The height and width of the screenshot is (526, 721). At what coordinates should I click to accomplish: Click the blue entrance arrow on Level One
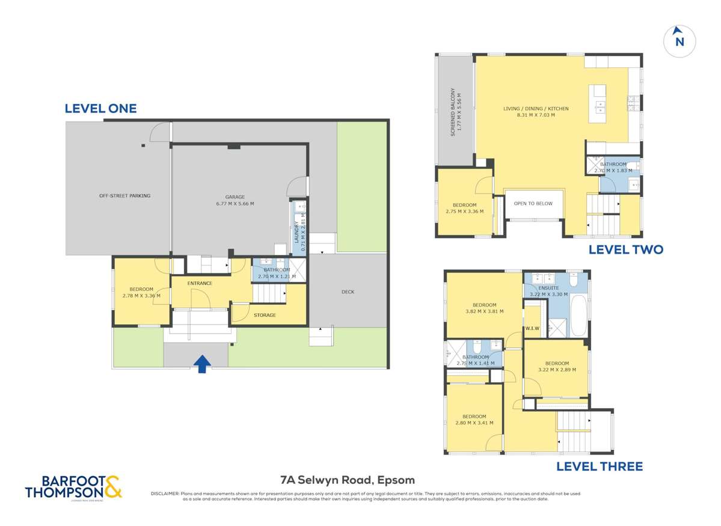pyautogui.click(x=203, y=364)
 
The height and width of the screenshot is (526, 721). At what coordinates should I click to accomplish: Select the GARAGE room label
pyautogui.click(x=235, y=197)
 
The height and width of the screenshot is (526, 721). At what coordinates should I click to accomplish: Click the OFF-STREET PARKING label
pyautogui.click(x=124, y=195)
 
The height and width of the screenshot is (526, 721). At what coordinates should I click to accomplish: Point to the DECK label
pyautogui.click(x=348, y=292)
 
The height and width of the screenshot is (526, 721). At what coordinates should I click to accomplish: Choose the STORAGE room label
pyautogui.click(x=265, y=315)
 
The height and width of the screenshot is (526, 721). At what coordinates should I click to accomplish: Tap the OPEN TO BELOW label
pyautogui.click(x=533, y=204)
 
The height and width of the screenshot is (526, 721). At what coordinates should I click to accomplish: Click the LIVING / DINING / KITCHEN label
pyautogui.click(x=536, y=109)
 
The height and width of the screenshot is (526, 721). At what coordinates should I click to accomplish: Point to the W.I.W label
pyautogui.click(x=532, y=328)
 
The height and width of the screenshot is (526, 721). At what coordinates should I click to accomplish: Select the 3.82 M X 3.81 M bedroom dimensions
pyautogui.click(x=484, y=311)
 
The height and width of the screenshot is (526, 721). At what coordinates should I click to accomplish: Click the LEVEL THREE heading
pyautogui.click(x=599, y=466)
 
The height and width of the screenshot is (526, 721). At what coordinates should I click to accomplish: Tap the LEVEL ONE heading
pyautogui.click(x=100, y=109)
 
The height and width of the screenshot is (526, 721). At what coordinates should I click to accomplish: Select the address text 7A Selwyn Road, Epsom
pyautogui.click(x=347, y=480)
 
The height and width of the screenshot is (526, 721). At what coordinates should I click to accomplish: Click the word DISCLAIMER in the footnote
pyautogui.click(x=164, y=494)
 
